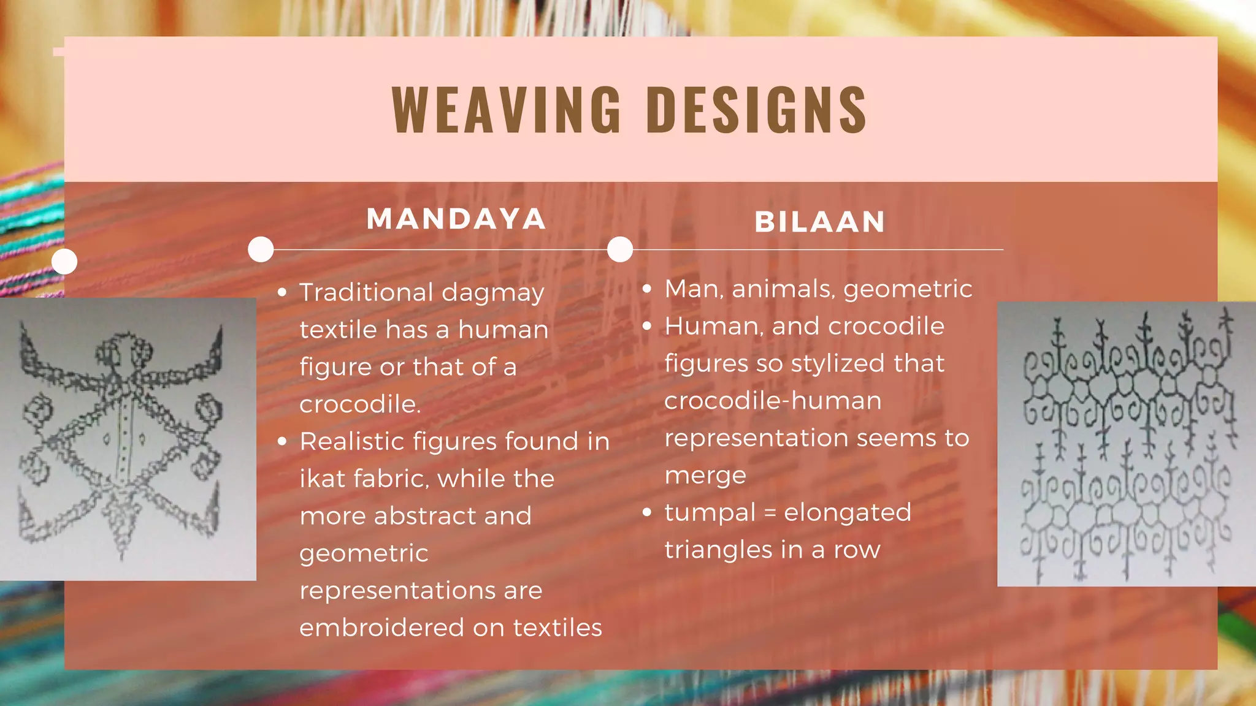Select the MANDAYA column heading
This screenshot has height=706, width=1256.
(x=456, y=219)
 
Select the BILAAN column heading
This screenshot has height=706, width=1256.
(x=819, y=222)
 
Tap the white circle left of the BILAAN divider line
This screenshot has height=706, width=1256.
(x=620, y=249)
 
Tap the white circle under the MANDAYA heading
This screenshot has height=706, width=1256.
(x=261, y=249)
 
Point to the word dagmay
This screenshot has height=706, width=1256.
(x=492, y=293)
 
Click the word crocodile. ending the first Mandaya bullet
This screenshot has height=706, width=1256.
(x=360, y=404)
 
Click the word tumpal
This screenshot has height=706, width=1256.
(x=710, y=513)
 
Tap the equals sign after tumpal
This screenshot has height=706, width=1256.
(x=770, y=513)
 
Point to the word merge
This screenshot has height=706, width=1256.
(x=705, y=476)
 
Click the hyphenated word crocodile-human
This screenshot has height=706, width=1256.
(x=773, y=401)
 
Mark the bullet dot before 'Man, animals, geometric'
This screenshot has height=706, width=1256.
(x=646, y=289)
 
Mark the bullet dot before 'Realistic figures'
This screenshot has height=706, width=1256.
(x=282, y=441)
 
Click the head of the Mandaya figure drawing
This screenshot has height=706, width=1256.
(x=125, y=352)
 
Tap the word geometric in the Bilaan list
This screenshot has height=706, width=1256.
(x=908, y=289)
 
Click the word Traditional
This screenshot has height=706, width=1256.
(x=366, y=292)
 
